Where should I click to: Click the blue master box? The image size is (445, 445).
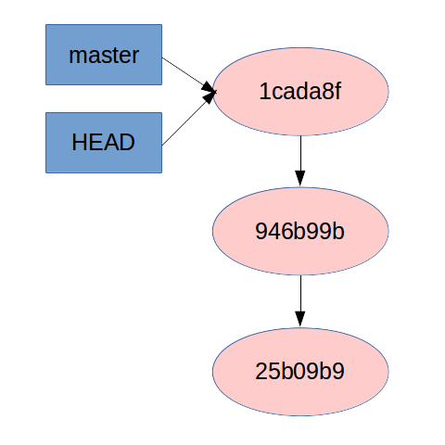[x=104, y=55]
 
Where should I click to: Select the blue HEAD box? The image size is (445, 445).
[x=104, y=143]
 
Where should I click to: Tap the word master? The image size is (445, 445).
[x=104, y=56]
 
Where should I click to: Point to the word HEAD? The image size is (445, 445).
[x=103, y=142]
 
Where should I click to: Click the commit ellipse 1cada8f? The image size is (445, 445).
[x=300, y=92]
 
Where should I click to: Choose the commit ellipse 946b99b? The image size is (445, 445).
[x=300, y=231]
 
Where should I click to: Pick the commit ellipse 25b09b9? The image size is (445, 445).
[x=300, y=372]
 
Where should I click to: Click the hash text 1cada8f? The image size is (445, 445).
[x=300, y=92]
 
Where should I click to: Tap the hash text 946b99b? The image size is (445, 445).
[x=299, y=231]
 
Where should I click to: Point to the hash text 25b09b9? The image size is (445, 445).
[x=299, y=371]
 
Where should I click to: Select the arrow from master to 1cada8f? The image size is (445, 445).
[x=189, y=74]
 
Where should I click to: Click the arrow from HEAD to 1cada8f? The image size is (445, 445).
[x=188, y=119]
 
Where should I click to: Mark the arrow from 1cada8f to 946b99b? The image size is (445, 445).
[x=300, y=161]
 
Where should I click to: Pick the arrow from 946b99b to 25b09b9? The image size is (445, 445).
[x=300, y=301]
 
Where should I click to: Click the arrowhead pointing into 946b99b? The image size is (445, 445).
[x=300, y=178]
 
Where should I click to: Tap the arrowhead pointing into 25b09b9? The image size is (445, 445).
[x=300, y=319]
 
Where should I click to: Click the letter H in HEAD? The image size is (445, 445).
[x=79, y=142]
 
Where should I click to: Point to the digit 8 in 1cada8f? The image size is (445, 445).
[x=326, y=92]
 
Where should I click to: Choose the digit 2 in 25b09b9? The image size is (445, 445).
[x=261, y=371]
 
